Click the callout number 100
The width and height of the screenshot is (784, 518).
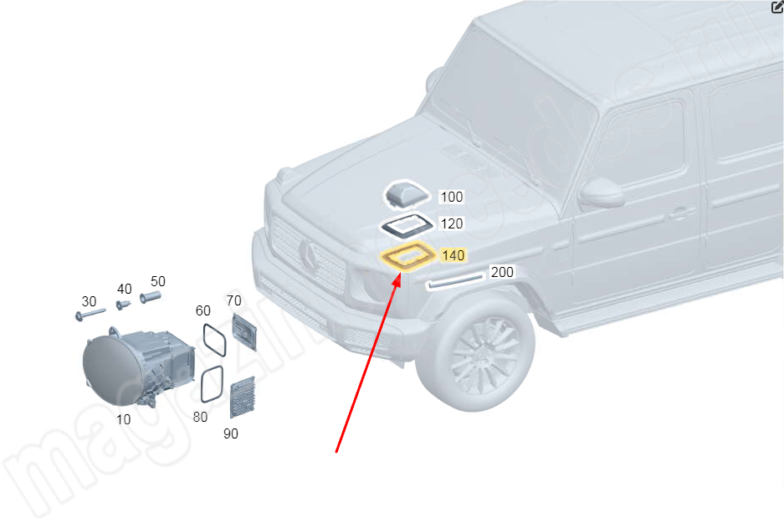tap(451, 197)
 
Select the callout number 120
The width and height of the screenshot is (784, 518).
tap(451, 224)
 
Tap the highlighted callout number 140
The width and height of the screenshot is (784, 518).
tap(452, 254)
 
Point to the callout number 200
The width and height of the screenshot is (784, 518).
tap(502, 272)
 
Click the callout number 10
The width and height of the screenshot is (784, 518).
tap(124, 419)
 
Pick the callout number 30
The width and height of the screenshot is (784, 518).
tap(89, 301)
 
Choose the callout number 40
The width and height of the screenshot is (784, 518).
tap(124, 289)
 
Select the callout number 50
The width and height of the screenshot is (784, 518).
tap(157, 281)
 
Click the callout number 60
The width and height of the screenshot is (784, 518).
tap(203, 310)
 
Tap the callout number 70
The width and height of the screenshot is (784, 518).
tap(234, 300)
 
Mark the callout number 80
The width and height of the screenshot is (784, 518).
tap(200, 416)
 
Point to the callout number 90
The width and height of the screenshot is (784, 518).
tap(230, 433)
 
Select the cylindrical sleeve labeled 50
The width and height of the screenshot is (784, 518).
tap(150, 296)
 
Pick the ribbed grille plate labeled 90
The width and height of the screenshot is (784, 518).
tap(242, 397)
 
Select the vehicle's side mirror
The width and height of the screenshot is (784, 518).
tap(602, 193)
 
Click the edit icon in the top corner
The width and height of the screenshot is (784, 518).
tap(776, 7)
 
